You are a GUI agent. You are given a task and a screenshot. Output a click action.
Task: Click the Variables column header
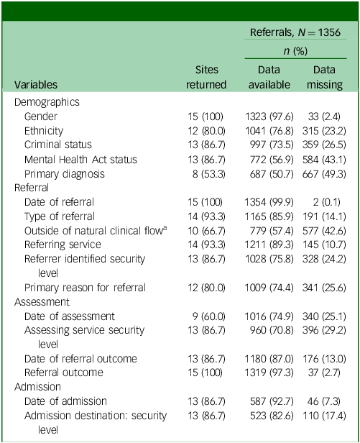click(36, 84)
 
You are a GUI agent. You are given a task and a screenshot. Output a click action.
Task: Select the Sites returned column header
click(206, 77)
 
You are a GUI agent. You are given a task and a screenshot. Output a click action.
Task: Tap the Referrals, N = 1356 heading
click(295, 32)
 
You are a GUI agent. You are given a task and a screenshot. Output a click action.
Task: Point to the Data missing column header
click(324, 77)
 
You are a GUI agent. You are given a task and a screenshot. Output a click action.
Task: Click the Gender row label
click(41, 117)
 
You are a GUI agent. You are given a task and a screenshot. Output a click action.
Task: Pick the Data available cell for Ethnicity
click(269, 131)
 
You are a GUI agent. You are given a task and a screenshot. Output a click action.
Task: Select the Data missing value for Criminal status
click(324, 145)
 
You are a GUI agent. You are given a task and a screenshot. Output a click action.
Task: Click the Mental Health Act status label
click(80, 160)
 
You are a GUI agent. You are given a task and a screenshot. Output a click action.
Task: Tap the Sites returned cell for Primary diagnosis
click(209, 174)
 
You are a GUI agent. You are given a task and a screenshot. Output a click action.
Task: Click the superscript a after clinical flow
click(165, 228)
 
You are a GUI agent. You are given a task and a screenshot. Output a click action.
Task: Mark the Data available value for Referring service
click(269, 245)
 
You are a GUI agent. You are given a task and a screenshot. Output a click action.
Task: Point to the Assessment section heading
click(42, 302)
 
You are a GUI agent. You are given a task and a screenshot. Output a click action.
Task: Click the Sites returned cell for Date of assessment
click(209, 316)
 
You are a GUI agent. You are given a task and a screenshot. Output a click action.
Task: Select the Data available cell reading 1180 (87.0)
click(269, 359)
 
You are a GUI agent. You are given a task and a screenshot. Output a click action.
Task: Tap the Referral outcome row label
click(64, 373)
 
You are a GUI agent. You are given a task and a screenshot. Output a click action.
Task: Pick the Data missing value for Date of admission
click(324, 401)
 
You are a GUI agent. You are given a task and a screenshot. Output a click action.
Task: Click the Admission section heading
click(37, 387)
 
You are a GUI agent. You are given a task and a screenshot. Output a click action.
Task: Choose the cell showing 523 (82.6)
click(272, 416)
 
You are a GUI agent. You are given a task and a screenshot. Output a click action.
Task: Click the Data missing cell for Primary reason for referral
click(324, 288)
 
